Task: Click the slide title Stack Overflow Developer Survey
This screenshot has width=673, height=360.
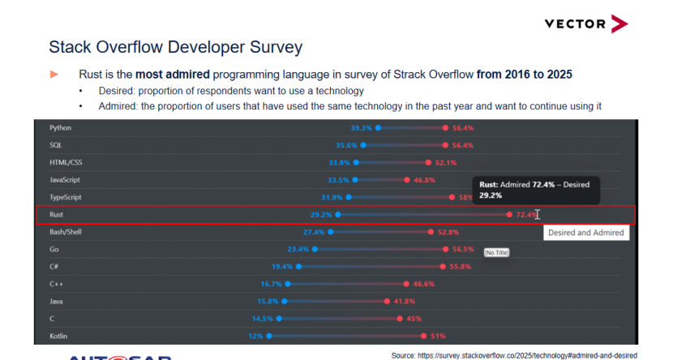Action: pos(176,46)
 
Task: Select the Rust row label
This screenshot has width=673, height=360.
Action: pos(57,215)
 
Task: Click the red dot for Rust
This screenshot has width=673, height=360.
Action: pos(509,215)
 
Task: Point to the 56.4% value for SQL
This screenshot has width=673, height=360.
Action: pos(463,145)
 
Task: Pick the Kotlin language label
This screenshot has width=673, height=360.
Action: pos(59,335)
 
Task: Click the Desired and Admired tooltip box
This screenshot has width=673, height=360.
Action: pos(586,233)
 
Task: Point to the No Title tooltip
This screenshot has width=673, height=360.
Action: pos(496,253)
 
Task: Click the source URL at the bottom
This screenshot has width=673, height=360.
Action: pos(514,355)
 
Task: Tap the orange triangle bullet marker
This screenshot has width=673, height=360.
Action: pos(54,74)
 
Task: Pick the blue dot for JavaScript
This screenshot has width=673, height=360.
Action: pos(355,180)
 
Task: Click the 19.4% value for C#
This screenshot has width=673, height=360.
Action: pos(282,267)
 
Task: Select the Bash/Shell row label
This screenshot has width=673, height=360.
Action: pos(65,232)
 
